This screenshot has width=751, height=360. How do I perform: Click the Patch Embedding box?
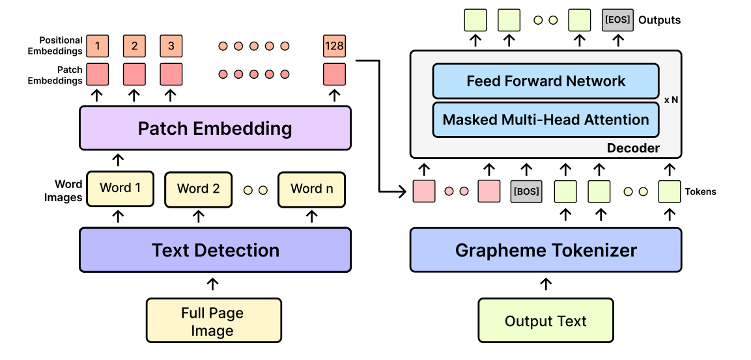tap(215, 128)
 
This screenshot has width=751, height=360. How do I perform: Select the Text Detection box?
tap(215, 250)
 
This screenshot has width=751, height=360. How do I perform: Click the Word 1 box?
tap(120, 188)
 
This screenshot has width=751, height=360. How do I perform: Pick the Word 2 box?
tap(198, 189)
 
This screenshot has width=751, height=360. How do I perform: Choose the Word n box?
tap(311, 189)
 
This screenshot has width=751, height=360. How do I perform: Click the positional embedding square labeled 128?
tap(334, 46)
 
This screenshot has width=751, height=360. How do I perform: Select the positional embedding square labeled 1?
tap(98, 46)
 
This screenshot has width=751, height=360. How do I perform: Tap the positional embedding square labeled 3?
tap(171, 46)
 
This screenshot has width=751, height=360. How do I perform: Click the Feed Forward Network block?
tap(546, 81)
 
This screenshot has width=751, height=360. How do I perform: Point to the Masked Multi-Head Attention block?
tap(546, 120)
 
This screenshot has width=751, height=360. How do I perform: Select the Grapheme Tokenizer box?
tap(546, 250)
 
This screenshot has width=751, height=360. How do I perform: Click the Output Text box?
tap(546, 321)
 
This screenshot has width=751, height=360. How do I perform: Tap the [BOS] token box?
tap(526, 191)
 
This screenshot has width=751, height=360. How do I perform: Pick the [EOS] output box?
tap(616, 20)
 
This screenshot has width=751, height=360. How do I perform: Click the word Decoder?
tap(633, 148)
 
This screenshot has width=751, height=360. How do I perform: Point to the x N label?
tap(671, 101)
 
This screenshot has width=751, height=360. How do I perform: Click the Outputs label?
tap(659, 20)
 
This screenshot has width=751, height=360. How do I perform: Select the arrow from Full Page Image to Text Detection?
tap(212, 284)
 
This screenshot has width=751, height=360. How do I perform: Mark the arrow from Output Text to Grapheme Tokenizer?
tap(546, 284)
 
